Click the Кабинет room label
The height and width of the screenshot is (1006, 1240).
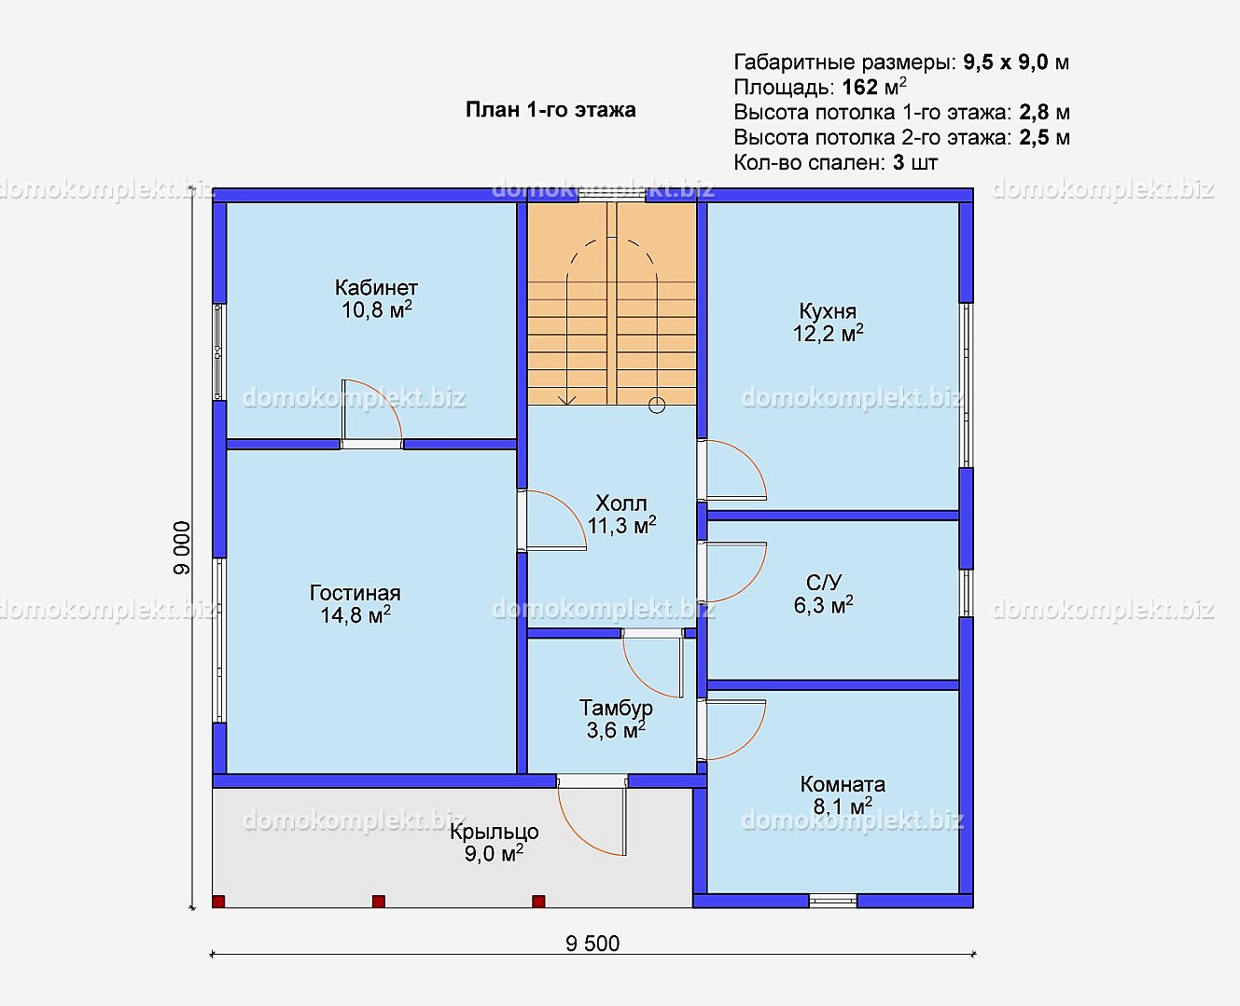coord(376,287)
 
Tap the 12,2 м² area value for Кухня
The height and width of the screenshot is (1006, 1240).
coord(828,334)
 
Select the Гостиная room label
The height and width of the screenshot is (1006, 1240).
coord(355,593)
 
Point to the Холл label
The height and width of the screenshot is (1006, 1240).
coord(621,503)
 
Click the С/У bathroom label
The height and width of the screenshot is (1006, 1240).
coord(824,582)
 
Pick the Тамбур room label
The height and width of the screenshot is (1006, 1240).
coord(616,708)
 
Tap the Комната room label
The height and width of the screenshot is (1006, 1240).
coord(843,784)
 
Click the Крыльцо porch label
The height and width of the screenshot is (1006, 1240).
coord(495,832)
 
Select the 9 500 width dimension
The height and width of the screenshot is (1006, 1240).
coord(592,944)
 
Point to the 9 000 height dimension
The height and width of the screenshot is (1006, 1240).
coord(182,548)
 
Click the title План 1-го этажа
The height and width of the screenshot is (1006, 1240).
coord(550,109)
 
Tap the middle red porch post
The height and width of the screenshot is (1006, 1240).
coord(379,902)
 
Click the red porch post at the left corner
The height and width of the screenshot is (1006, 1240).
coord(218,902)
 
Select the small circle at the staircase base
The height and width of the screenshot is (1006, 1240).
coord(657,406)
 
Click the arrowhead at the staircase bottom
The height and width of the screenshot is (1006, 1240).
coord(567,400)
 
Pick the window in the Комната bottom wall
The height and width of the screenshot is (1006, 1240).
coord(833,902)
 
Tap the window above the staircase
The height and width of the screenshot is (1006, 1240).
coord(612,196)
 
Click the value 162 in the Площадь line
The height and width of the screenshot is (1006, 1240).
coord(860,87)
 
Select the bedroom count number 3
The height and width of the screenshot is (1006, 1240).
coord(899,162)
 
